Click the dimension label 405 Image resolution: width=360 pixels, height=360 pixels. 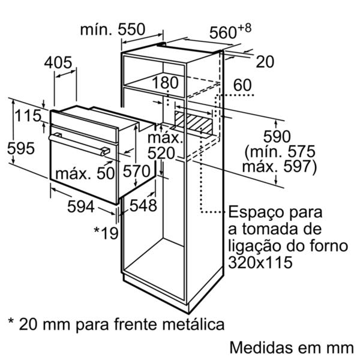tap(58, 62)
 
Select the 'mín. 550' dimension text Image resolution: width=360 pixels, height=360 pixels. tap(113, 29)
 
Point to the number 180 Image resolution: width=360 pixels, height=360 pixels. tap(165, 83)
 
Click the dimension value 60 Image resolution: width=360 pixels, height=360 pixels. tap(242, 85)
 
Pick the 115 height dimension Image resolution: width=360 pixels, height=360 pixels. tap(28, 115)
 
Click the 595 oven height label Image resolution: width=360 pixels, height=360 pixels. tap(21, 148)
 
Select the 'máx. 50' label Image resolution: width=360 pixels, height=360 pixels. tap(85, 173)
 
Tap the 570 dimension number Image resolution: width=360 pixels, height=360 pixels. tap(137, 171)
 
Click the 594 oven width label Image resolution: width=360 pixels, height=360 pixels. tap(81, 206)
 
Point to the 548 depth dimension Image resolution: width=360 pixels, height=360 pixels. tap(143, 205)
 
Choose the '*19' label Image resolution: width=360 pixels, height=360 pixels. tap(106, 233)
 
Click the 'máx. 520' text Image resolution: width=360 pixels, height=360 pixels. tap(165, 146)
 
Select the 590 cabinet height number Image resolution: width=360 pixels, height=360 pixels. tap(277, 136)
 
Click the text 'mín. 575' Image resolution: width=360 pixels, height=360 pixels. tap(280, 151)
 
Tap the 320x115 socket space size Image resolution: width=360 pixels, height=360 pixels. tap(260, 262)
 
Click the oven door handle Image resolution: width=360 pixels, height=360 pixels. tap(79, 145)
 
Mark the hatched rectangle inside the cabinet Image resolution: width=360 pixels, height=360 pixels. tap(193, 123)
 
